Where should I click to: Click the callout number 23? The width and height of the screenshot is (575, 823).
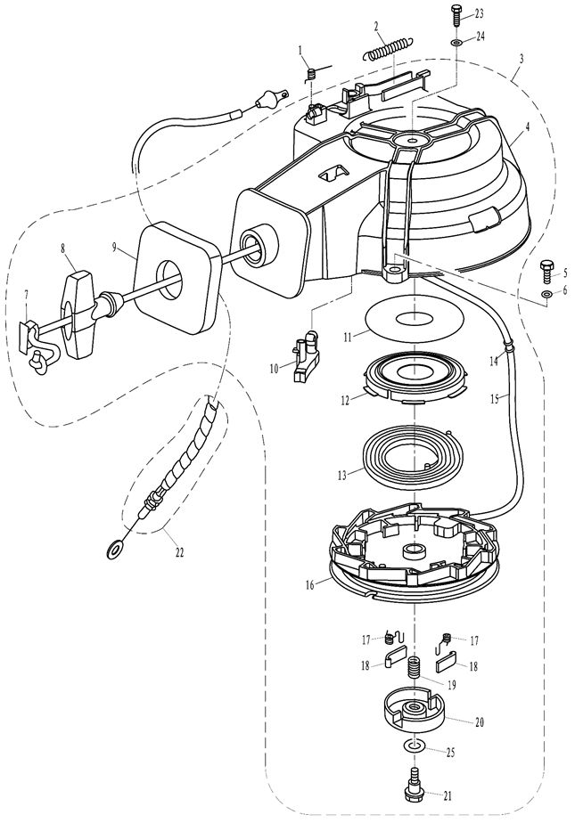pos(480,14)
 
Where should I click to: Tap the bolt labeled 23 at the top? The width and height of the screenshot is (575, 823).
pos(456,16)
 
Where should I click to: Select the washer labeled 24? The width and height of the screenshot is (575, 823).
pos(456,42)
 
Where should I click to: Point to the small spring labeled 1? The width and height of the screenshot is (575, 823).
pos(311,75)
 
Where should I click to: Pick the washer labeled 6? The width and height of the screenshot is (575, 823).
pos(546,293)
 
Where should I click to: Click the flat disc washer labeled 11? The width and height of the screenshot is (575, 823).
pos(415,319)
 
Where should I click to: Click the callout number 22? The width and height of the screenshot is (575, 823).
pos(179,552)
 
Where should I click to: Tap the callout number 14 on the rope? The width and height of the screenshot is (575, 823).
pos(493,361)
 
